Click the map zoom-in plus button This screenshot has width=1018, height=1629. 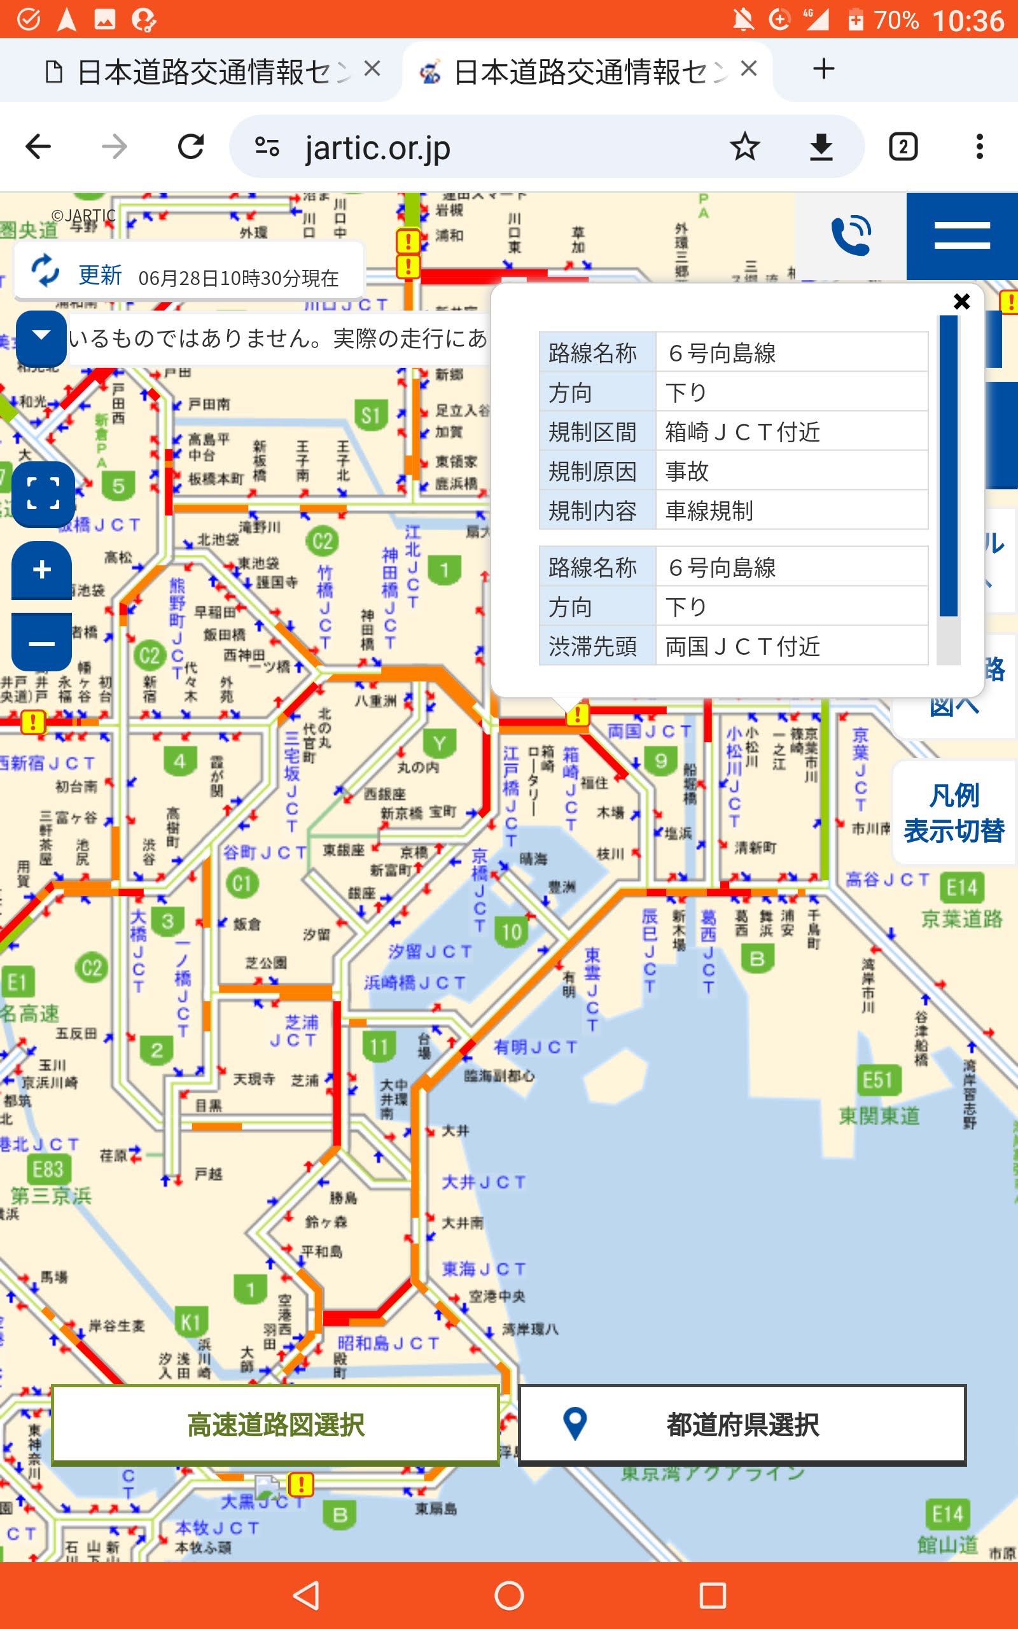42,570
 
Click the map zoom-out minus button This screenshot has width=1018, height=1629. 42,643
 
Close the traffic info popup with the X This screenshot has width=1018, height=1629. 961,301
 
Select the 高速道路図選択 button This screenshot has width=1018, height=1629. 275,1424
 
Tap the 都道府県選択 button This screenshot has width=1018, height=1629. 742,1424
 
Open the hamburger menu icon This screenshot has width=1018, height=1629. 961,235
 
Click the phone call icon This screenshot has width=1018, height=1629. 851,235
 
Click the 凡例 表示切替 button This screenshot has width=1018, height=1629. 953,813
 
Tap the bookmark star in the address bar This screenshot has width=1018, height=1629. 744,147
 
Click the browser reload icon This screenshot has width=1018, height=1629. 190,147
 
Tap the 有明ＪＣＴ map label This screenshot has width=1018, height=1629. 535,1047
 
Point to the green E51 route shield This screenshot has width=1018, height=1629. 877,1080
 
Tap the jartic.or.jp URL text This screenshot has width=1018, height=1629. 377,148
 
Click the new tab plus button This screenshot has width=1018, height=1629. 823,69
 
